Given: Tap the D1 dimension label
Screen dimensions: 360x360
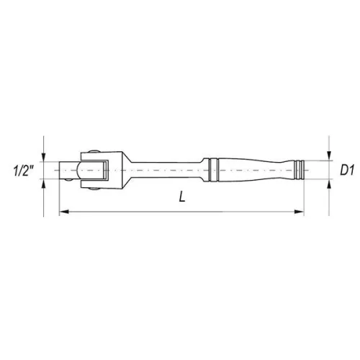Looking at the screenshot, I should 348,171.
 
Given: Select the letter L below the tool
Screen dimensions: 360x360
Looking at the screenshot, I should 183,199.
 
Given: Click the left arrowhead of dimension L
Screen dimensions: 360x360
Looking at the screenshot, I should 62,212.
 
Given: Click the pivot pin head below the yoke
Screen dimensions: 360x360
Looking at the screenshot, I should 94,190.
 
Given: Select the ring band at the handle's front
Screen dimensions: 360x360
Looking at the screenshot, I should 212,171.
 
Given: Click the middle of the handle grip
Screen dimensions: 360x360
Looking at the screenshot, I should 252,171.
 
